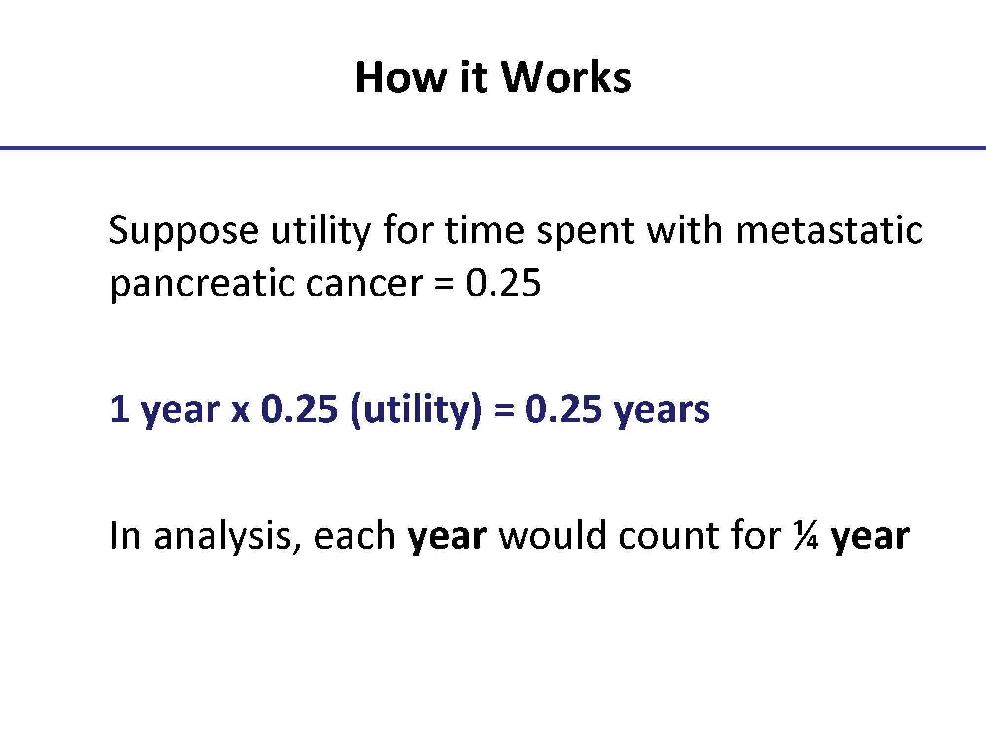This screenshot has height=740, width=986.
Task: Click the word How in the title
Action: pyautogui.click(x=400, y=77)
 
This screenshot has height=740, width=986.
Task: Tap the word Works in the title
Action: pyautogui.click(x=565, y=77)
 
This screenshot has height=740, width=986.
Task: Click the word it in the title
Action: pyautogui.click(x=473, y=77)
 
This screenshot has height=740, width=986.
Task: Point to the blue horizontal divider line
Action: pyautogui.click(x=493, y=148)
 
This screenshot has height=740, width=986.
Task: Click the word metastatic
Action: pyautogui.click(x=829, y=229)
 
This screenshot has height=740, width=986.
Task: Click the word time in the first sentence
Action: pyautogui.click(x=484, y=229)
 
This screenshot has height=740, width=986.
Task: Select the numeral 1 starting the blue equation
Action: pyautogui.click(x=119, y=409)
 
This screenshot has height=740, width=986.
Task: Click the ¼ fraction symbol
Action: pyautogui.click(x=807, y=536)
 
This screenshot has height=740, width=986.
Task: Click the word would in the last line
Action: pyautogui.click(x=553, y=535)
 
